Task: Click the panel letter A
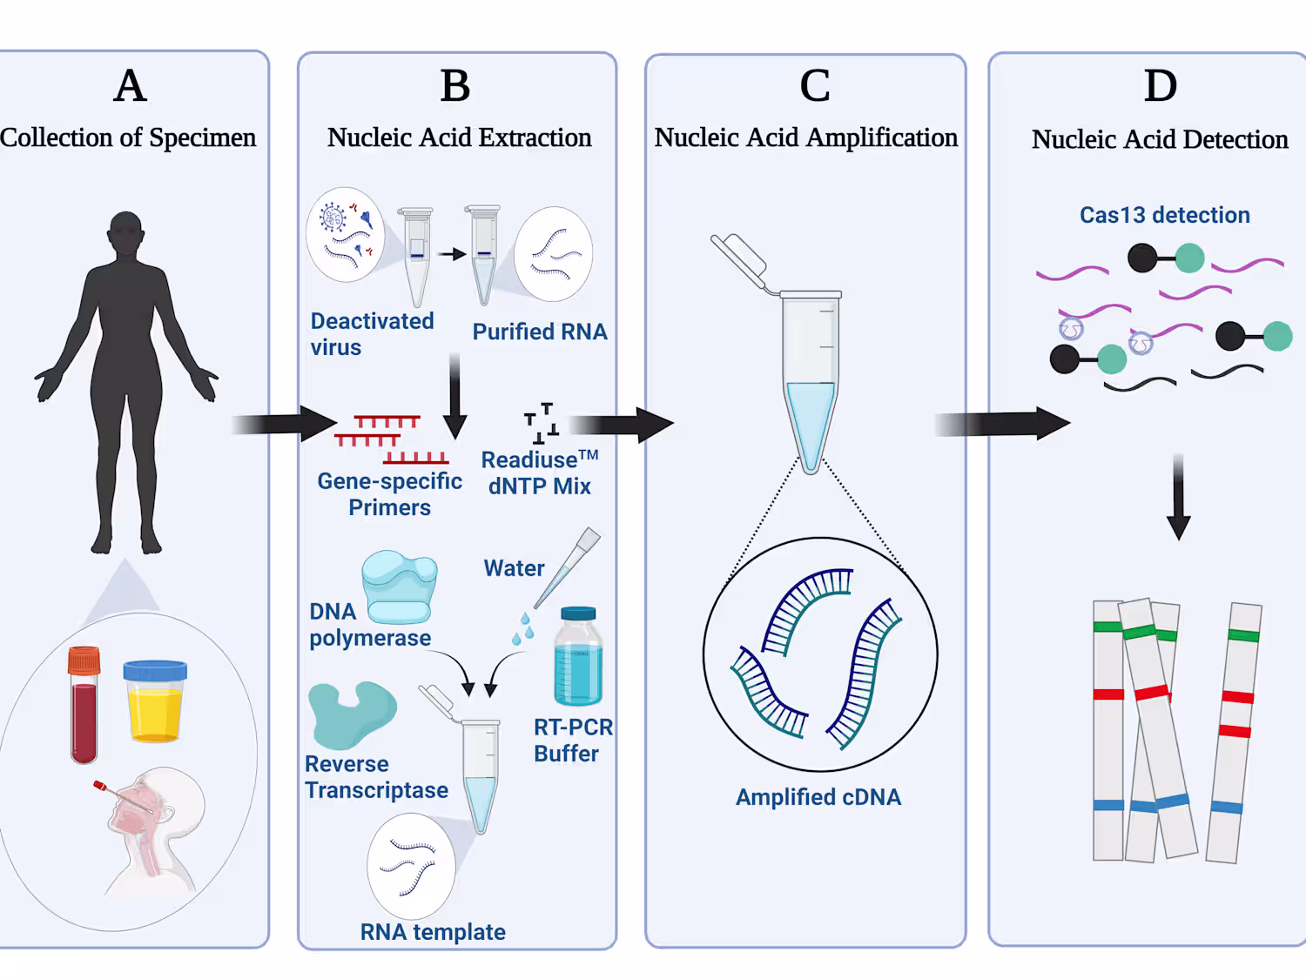tap(130, 86)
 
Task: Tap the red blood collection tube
tap(84, 705)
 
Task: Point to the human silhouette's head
tap(126, 232)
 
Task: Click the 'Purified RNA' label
tap(540, 332)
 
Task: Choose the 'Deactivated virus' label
tap(372, 334)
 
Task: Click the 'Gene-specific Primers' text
tap(389, 494)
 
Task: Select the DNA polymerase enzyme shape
tap(400, 587)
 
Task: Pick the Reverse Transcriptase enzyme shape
tap(352, 714)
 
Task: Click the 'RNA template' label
tap(433, 932)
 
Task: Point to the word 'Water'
tap(514, 568)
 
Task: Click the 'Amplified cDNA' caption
tap(818, 797)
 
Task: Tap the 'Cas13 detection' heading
tap(1164, 215)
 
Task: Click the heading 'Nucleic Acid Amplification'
tap(805, 137)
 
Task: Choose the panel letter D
tap(1160, 86)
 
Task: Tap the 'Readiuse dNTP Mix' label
tap(539, 473)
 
